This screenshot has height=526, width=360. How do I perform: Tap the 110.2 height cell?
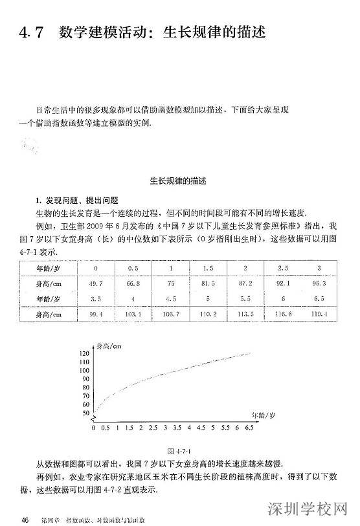point(208,314)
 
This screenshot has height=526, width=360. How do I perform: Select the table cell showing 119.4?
point(319,314)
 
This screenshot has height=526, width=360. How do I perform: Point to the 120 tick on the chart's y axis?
point(85,353)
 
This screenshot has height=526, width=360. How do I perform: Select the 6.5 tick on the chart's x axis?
point(248,428)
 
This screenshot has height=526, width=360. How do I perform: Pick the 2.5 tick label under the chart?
point(153,428)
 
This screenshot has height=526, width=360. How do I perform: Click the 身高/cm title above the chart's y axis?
point(108,346)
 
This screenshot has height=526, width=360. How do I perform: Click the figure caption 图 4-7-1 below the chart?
point(179,449)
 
